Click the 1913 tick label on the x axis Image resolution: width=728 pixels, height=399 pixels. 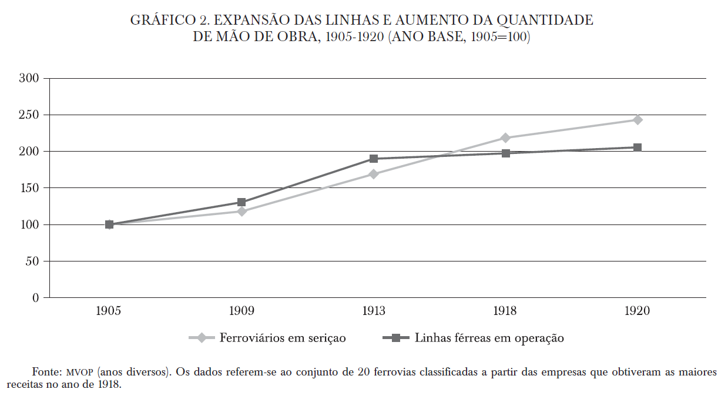(x=373, y=310)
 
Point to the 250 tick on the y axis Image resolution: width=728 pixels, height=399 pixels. (x=29, y=115)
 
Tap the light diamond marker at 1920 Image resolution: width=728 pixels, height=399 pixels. (x=638, y=120)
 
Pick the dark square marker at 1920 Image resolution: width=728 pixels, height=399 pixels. (x=638, y=147)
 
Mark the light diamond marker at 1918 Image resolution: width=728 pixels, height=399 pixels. (x=505, y=138)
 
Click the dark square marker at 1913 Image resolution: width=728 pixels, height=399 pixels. (x=373, y=159)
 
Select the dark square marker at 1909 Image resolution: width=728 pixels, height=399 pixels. (x=241, y=202)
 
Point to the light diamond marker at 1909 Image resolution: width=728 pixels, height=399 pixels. (x=241, y=211)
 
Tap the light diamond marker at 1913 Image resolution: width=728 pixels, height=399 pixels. (x=373, y=174)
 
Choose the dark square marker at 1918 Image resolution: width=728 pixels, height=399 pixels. (x=505, y=153)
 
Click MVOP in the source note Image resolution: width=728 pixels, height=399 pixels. (x=80, y=373)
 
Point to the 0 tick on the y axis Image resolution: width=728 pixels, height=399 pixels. (x=35, y=298)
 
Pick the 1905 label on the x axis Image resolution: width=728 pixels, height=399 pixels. (x=109, y=310)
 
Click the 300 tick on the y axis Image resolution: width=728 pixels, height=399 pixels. (x=29, y=78)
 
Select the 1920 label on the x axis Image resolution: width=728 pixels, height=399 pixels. (x=638, y=310)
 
